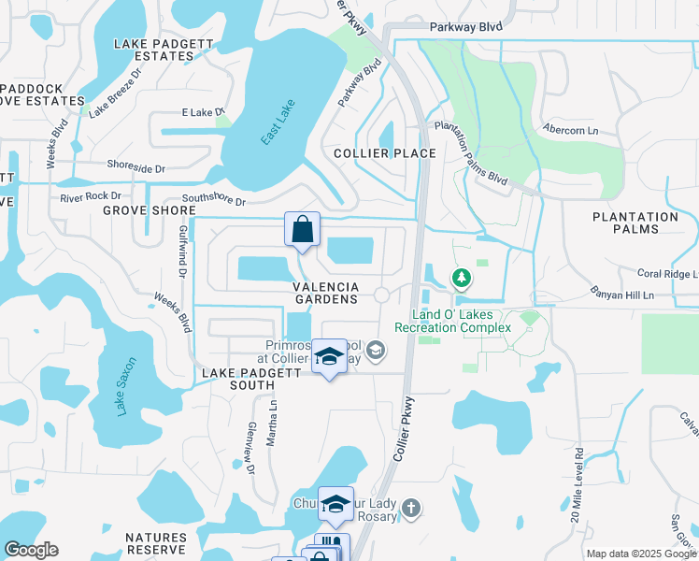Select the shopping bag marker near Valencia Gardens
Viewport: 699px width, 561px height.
[303, 229]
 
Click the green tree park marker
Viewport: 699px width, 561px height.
[461, 278]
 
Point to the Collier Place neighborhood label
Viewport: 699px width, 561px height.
[385, 153]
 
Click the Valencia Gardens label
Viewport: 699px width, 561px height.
[326, 293]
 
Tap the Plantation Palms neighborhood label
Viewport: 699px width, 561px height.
[635, 223]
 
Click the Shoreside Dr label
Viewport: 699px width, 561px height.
[136, 169]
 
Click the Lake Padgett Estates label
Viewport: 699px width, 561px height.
[154, 50]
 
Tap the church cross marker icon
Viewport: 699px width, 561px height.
[410, 510]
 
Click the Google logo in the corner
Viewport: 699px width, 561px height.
[32, 550]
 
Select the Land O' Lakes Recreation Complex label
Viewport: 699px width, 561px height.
[452, 322]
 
